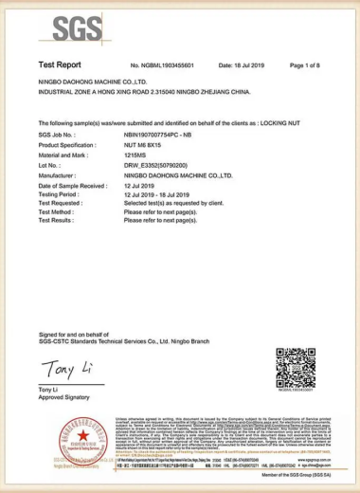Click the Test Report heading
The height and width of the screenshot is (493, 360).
(x=60, y=64)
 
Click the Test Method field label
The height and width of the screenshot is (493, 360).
(x=57, y=210)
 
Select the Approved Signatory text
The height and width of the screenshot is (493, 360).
(x=63, y=397)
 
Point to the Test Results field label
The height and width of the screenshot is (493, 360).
(x=57, y=219)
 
